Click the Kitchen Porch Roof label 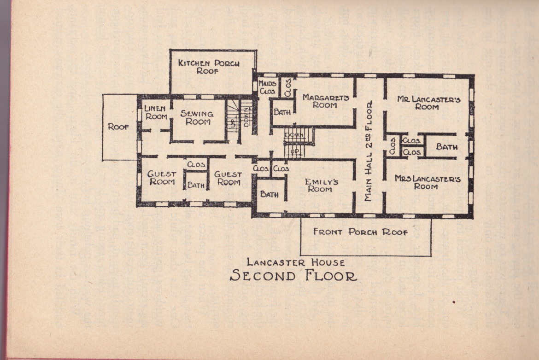pyautogui.click(x=209, y=67)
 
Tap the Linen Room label pyautogui.click(x=156, y=113)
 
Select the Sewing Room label pyautogui.click(x=197, y=117)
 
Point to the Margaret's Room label pyautogui.click(x=325, y=101)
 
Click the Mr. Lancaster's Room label pyautogui.click(x=428, y=103)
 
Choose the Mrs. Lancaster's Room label pyautogui.click(x=427, y=182)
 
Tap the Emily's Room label pyautogui.click(x=321, y=186)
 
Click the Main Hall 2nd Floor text pyautogui.click(x=369, y=151)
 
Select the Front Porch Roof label pyautogui.click(x=360, y=232)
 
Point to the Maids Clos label pyautogui.click(x=267, y=87)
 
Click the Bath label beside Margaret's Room pyautogui.click(x=282, y=112)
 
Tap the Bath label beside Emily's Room pyautogui.click(x=269, y=194)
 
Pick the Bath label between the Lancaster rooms pyautogui.click(x=446, y=147)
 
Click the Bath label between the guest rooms pyautogui.click(x=196, y=185)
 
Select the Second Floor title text pyautogui.click(x=293, y=276)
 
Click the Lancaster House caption pyautogui.click(x=296, y=262)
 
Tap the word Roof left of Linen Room pyautogui.click(x=118, y=127)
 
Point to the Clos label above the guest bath pyautogui.click(x=196, y=164)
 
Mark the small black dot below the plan pyautogui.click(x=454, y=302)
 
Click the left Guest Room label pyautogui.click(x=162, y=178)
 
